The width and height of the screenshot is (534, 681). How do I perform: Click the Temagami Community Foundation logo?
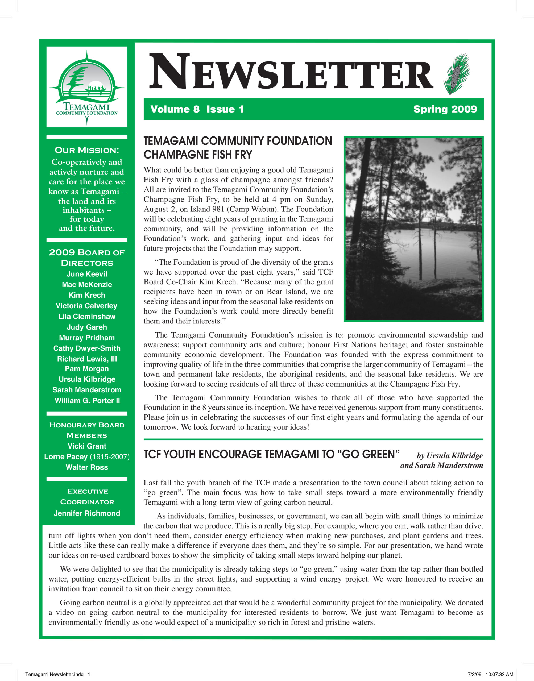[x=87, y=87]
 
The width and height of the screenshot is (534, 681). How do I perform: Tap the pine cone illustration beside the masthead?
[x=457, y=74]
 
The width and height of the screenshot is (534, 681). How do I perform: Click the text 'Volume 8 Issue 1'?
[x=197, y=109]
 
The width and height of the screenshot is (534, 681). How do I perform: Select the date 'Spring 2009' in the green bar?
[x=445, y=109]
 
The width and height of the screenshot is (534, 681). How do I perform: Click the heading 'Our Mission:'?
[x=87, y=150]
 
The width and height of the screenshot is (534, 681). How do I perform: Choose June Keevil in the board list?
[x=87, y=274]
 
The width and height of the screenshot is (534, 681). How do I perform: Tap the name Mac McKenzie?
[x=87, y=285]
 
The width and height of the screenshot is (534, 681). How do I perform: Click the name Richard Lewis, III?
[x=87, y=359]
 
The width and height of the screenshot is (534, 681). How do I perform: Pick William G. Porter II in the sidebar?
[x=87, y=401]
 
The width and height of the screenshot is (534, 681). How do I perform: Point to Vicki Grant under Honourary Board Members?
[x=87, y=446]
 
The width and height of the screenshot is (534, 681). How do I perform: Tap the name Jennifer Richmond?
[x=87, y=513]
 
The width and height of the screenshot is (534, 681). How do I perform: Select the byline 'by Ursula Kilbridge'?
[x=450, y=456]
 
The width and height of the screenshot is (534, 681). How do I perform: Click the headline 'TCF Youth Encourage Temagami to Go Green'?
[x=272, y=454]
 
